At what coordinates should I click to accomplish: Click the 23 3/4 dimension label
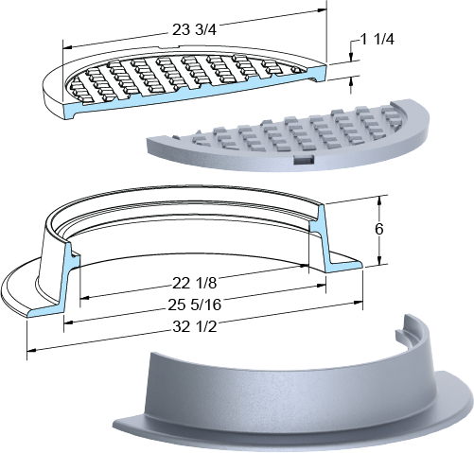pyautogui.click(x=194, y=30)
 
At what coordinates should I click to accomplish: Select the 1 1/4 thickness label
pyautogui.click(x=377, y=40)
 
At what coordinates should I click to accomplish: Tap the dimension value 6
pyautogui.click(x=379, y=229)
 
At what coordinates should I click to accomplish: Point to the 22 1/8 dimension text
pyautogui.click(x=194, y=283)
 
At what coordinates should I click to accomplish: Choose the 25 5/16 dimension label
pyautogui.click(x=194, y=305)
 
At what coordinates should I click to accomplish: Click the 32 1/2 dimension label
pyautogui.click(x=195, y=327)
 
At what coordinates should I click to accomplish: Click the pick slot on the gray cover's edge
pyautogui.click(x=304, y=160)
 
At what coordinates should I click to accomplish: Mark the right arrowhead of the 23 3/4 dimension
pyautogui.click(x=322, y=10)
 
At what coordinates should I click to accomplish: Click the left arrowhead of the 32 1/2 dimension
pyautogui.click(x=31, y=350)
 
